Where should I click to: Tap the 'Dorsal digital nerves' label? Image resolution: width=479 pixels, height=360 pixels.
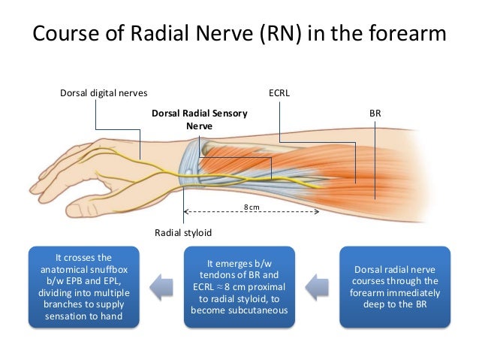(x=103, y=93)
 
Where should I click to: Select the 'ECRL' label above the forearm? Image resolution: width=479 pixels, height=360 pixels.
(x=279, y=93)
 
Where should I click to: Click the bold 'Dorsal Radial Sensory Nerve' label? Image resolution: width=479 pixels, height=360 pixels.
(x=199, y=119)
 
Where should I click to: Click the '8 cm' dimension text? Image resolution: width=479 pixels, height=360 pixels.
(x=251, y=205)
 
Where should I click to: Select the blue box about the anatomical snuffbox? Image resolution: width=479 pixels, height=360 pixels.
(x=83, y=286)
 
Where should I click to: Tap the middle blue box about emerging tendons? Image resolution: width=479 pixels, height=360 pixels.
(x=239, y=286)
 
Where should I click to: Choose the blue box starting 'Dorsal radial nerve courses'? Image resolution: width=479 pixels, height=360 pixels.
(x=395, y=286)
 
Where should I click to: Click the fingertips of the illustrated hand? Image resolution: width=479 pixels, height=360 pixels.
(x=38, y=188)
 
